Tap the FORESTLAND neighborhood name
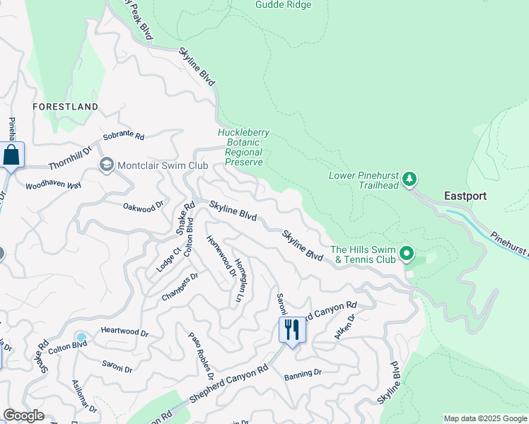65,107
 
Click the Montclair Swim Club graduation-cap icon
106,165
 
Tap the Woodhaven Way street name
54,185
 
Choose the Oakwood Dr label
143,207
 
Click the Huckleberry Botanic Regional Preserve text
240,147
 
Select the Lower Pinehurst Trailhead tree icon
409,180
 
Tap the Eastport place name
465,196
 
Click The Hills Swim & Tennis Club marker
406,253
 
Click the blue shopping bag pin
12,155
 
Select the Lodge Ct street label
166,259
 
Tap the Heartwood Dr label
124,332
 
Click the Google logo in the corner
23,416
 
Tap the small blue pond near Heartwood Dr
81,336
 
